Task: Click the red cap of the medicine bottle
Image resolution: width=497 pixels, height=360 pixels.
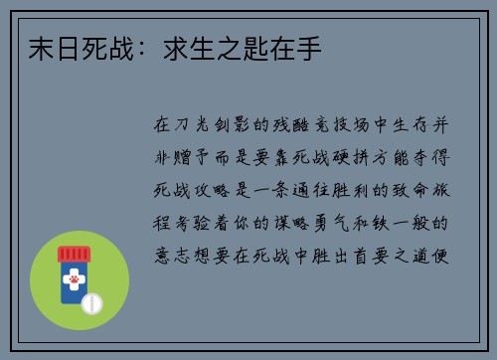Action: pyautogui.click(x=74, y=256)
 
